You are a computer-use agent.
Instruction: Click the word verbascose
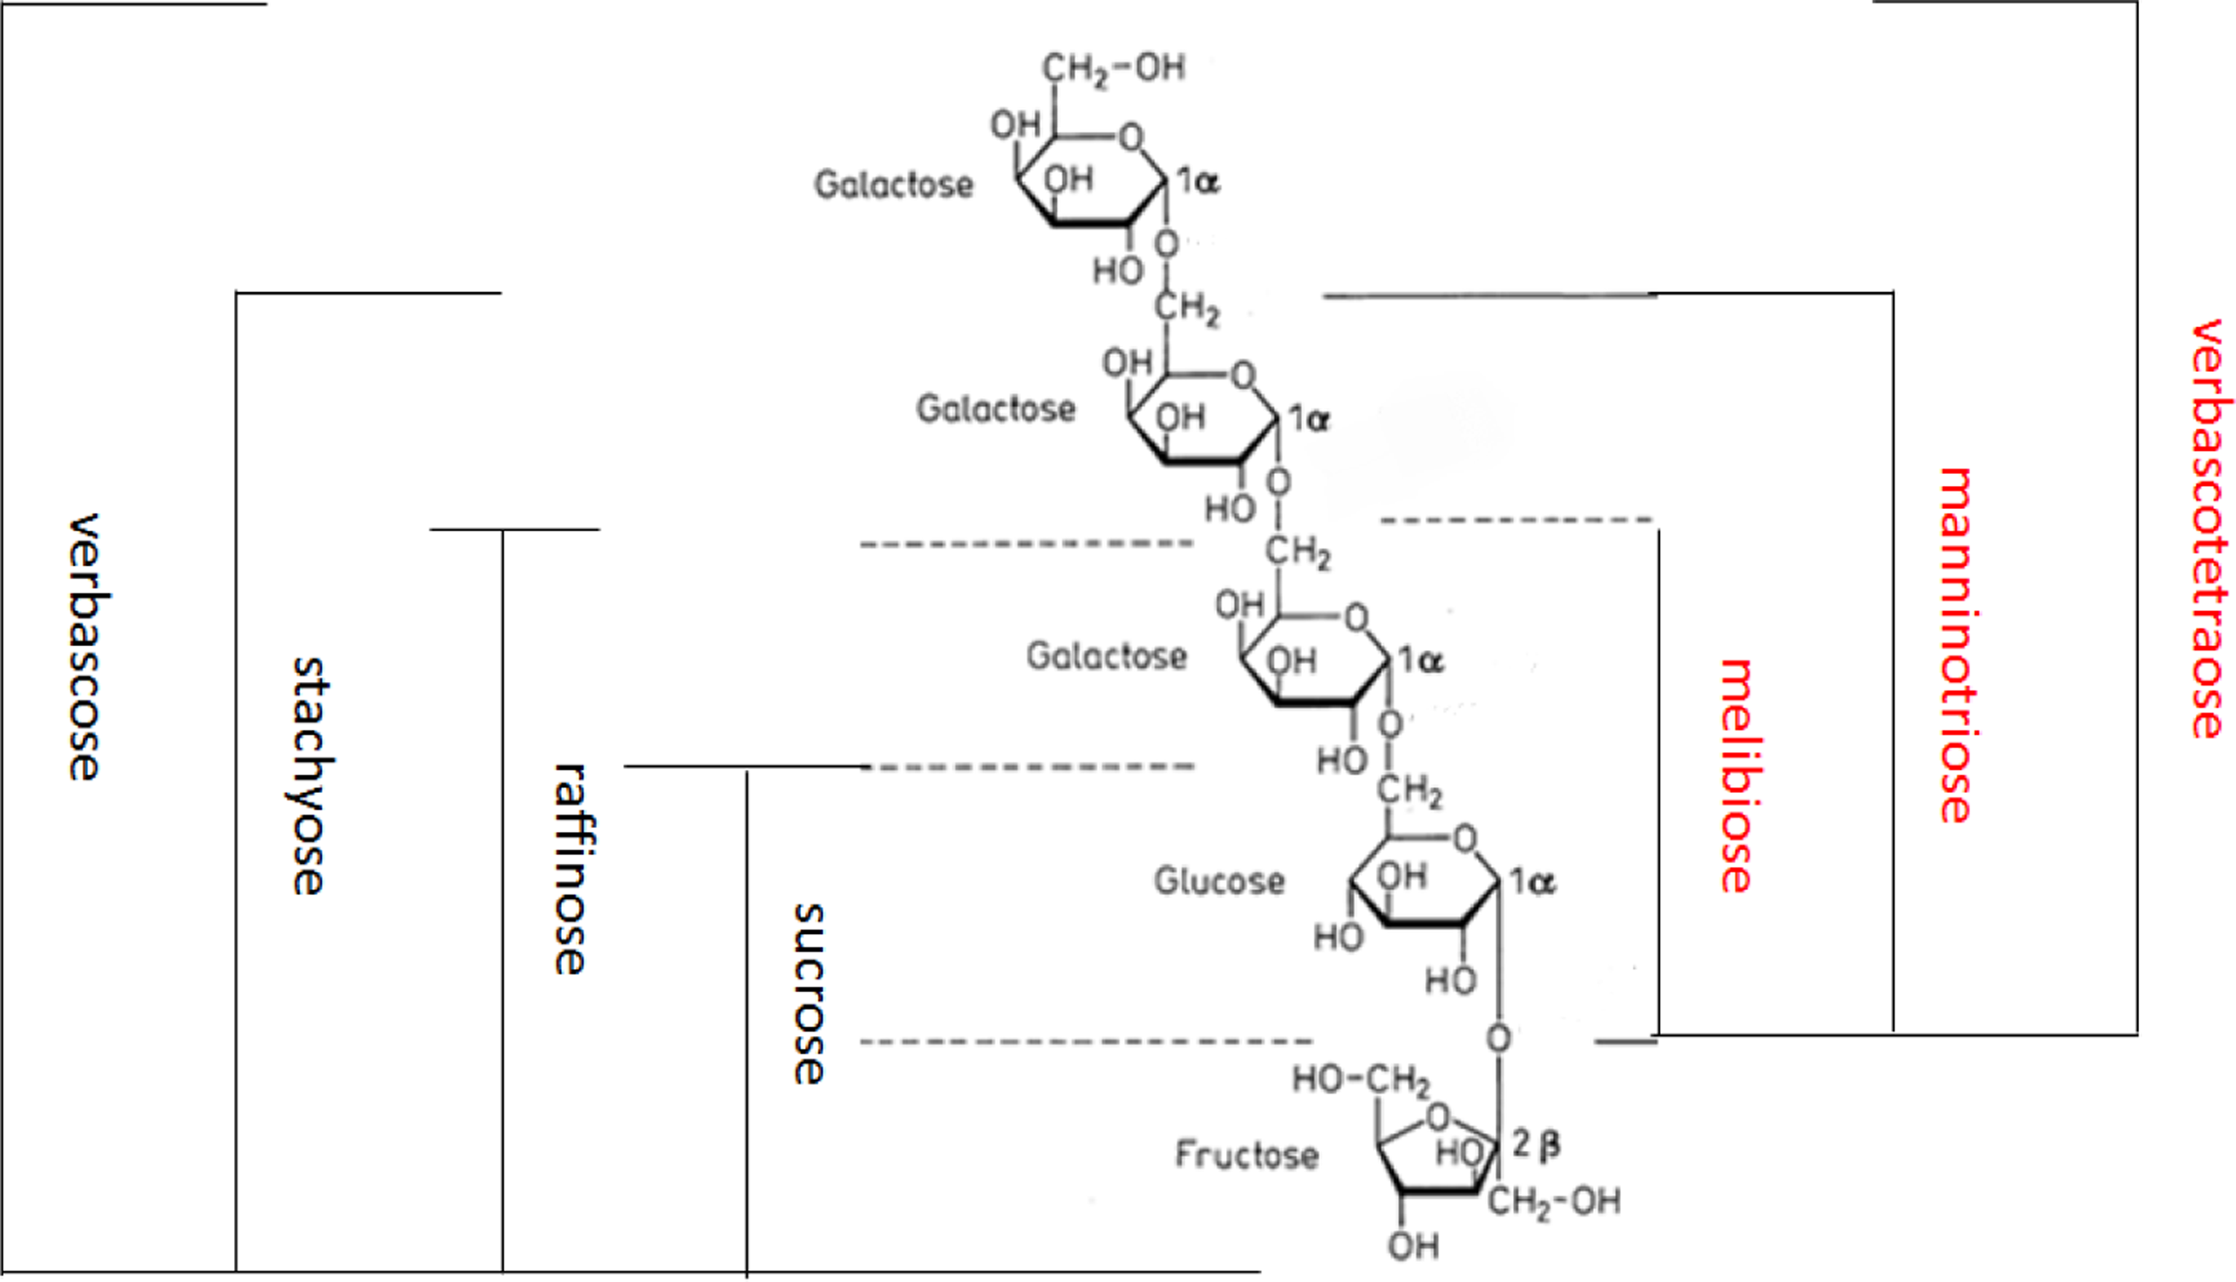click(91, 647)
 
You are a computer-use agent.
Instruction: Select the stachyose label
click(309, 776)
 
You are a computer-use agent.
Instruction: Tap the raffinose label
click(573, 869)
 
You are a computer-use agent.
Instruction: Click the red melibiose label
click(1737, 776)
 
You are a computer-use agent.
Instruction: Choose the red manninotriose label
click(1956, 645)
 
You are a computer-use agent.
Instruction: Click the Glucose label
click(1219, 880)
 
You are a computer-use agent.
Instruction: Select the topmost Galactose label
click(894, 185)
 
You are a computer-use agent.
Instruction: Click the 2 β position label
click(1536, 1144)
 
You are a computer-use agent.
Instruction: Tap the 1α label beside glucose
click(1532, 881)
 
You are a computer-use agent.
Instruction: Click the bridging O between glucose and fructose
click(1498, 1039)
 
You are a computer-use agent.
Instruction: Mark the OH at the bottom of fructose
click(1413, 1246)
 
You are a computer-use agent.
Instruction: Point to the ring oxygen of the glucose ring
click(1465, 839)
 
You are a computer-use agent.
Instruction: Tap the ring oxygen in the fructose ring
click(1438, 1118)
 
